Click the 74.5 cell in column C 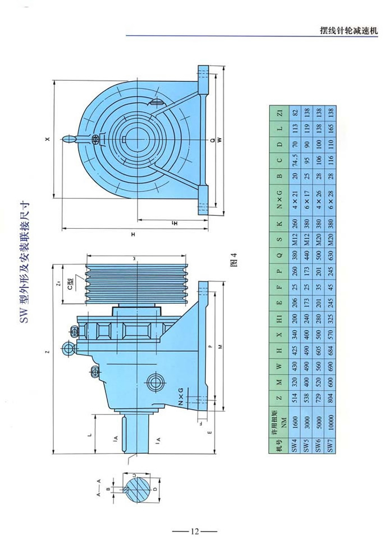point(291,163)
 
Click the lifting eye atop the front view point(69,139)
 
